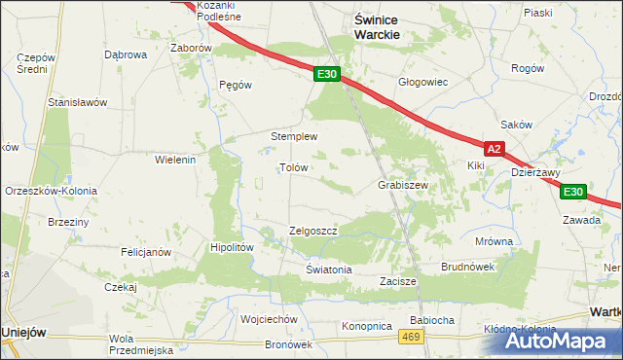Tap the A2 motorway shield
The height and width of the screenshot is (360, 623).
click(x=495, y=149)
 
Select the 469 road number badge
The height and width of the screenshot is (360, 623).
click(x=411, y=337)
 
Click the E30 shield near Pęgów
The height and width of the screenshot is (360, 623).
click(x=327, y=74)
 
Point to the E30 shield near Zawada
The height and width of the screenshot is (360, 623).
click(x=573, y=192)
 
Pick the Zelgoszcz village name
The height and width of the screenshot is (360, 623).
click(x=313, y=232)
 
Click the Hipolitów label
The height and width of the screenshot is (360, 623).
click(x=233, y=247)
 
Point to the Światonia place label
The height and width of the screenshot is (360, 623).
click(x=328, y=270)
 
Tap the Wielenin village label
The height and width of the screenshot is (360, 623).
click(x=176, y=159)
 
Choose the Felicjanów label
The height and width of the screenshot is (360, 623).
click(x=146, y=252)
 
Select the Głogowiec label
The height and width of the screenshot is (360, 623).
click(x=422, y=82)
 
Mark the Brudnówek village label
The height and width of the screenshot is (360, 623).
click(x=468, y=266)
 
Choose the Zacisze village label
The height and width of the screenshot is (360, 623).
click(x=398, y=281)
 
